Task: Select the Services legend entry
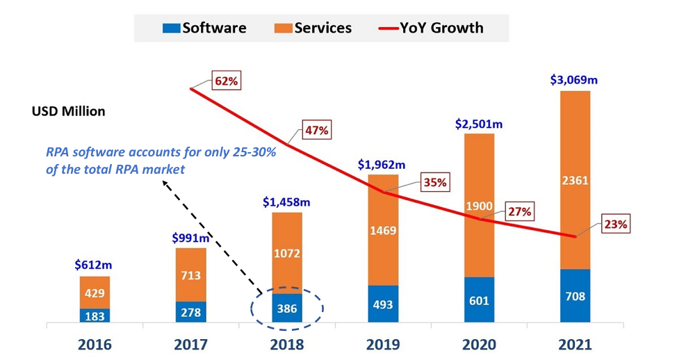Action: [x=315, y=28]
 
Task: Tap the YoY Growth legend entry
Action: [x=431, y=28]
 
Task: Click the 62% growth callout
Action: [x=227, y=81]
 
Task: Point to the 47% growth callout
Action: [x=316, y=130]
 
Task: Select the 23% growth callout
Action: [x=615, y=224]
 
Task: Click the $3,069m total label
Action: [x=574, y=79]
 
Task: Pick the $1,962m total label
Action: [x=383, y=164]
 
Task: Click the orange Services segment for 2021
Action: [x=574, y=179]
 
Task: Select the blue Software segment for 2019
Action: [x=383, y=304]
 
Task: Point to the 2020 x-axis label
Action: [x=479, y=343]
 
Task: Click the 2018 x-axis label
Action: [x=286, y=343]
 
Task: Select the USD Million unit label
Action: [x=68, y=111]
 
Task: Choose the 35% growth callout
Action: [x=434, y=183]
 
